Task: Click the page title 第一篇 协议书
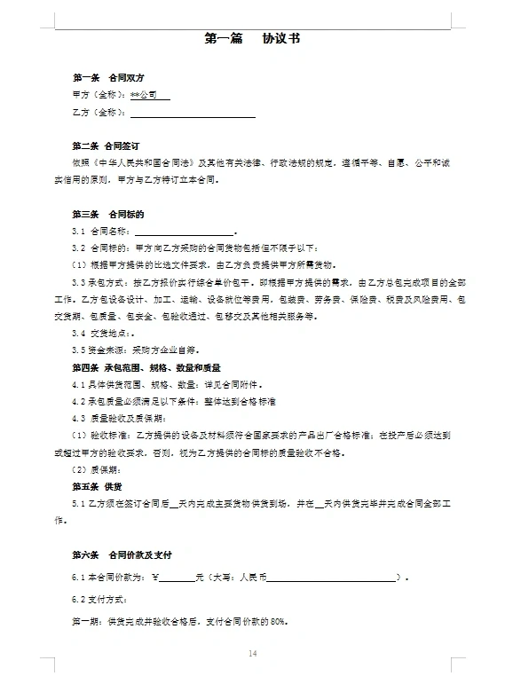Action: coord(252,38)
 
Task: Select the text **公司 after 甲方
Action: coord(144,94)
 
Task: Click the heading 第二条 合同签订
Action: coord(106,145)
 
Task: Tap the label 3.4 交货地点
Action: coord(98,333)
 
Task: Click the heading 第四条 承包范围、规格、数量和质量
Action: coord(146,366)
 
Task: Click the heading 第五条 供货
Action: coord(96,486)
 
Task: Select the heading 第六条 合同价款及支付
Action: coord(122,554)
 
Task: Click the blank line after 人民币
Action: coord(329,578)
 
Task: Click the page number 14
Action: coord(252,654)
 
